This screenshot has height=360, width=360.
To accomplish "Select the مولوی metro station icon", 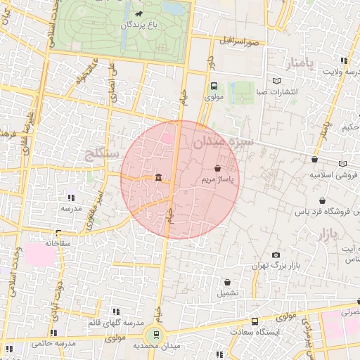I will pos(214,86).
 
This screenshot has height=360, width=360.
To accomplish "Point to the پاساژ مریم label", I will pos(217,180).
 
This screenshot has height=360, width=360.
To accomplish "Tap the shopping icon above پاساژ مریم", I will pos(217,168).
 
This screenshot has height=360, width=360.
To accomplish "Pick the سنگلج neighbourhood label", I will pos(104,153).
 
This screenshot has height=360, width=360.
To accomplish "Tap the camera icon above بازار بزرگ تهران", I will pos(276,255).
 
